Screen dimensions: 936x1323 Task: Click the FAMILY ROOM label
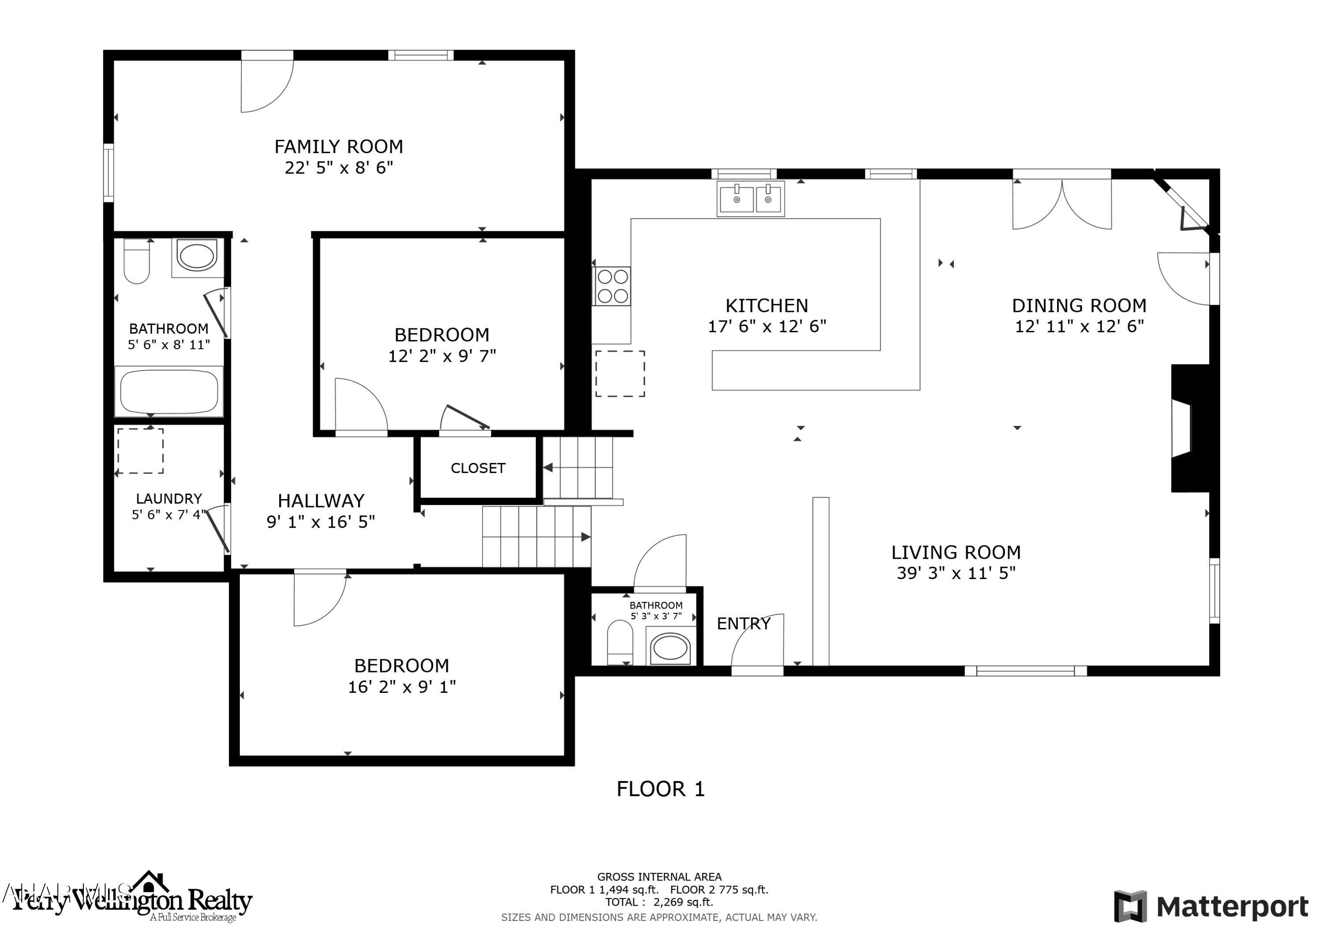point(338,147)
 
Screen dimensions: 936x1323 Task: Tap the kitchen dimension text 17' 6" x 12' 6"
point(766,327)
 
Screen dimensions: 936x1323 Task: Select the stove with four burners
point(612,286)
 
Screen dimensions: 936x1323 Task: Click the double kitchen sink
point(750,199)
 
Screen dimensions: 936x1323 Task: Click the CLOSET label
point(478,468)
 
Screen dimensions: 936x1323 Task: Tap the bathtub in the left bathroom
point(169,391)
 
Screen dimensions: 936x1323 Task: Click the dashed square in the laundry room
point(140,451)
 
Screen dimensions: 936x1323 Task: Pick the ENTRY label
point(744,624)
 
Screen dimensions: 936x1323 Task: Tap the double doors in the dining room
point(1061,205)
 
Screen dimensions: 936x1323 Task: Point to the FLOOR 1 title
point(660,789)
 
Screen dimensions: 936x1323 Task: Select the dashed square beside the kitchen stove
point(620,373)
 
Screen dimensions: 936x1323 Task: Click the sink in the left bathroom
point(197,257)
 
